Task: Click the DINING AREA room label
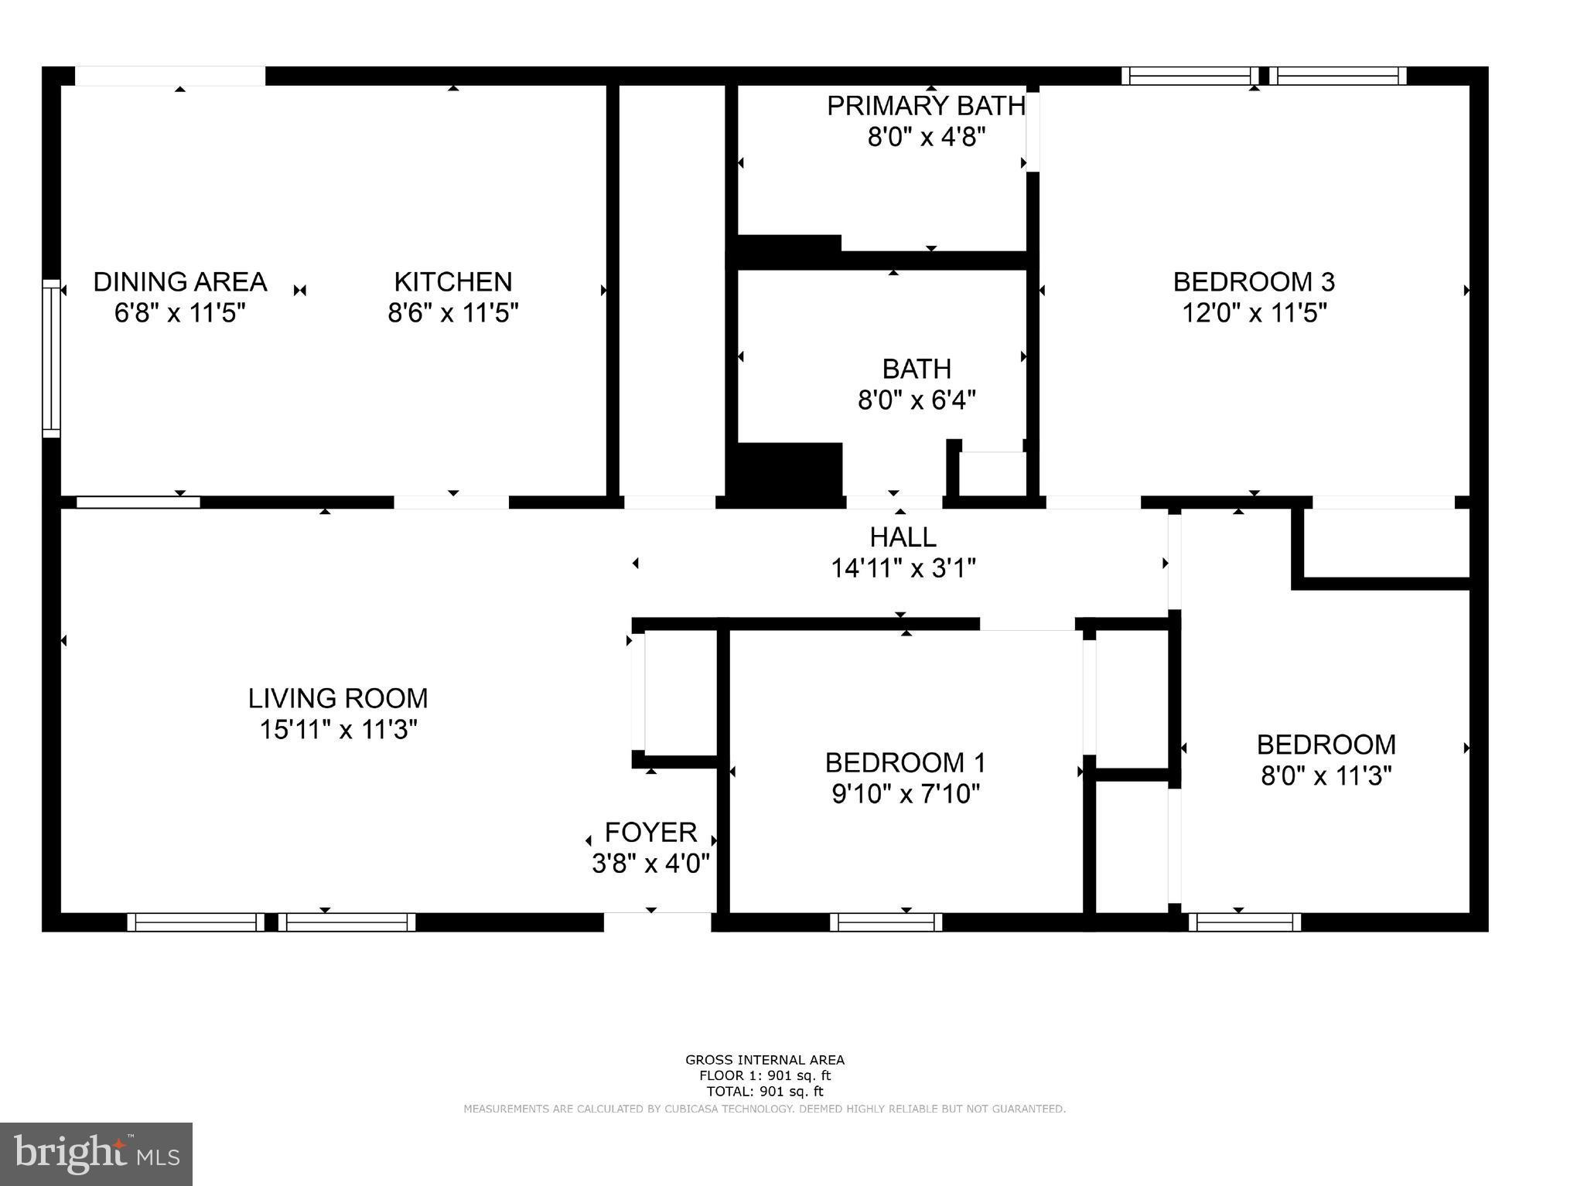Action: pyautogui.click(x=179, y=281)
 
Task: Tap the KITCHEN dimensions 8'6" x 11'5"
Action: pyautogui.click(x=452, y=313)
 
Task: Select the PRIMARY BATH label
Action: pyautogui.click(x=926, y=106)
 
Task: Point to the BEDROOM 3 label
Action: pyautogui.click(x=1254, y=281)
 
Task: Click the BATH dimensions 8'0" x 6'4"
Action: pyautogui.click(x=917, y=400)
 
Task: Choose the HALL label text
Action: pyautogui.click(x=903, y=537)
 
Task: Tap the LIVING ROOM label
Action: pyautogui.click(x=337, y=698)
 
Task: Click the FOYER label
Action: pyautogui.click(x=650, y=832)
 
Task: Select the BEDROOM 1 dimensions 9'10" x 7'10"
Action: pyautogui.click(x=906, y=794)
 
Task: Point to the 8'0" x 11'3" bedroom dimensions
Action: pyautogui.click(x=1326, y=775)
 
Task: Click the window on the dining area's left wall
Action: pyautogui.click(x=51, y=358)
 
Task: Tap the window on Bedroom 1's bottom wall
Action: pyautogui.click(x=886, y=922)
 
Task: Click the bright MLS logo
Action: pyautogui.click(x=96, y=1154)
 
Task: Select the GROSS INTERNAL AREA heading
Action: pyautogui.click(x=764, y=1060)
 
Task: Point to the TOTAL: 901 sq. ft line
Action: pyautogui.click(x=764, y=1092)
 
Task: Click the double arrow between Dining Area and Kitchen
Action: pyautogui.click(x=300, y=291)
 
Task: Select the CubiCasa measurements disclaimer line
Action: pyautogui.click(x=764, y=1109)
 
